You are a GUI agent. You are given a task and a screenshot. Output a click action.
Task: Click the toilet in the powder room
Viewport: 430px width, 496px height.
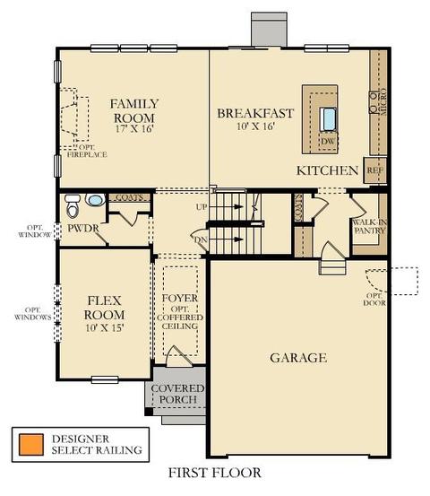click(73, 206)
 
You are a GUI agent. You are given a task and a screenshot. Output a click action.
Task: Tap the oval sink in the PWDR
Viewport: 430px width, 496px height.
click(95, 200)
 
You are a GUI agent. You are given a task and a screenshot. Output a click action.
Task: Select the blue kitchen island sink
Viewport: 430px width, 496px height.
click(328, 119)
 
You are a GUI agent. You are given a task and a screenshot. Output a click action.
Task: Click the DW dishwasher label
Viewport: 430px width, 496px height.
click(327, 141)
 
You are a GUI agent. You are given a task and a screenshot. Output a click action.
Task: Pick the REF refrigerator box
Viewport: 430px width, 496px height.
click(375, 170)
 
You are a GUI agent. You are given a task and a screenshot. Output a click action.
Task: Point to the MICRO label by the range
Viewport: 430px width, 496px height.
click(383, 102)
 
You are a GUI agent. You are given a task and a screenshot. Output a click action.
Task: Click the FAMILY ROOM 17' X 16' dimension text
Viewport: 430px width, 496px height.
click(134, 129)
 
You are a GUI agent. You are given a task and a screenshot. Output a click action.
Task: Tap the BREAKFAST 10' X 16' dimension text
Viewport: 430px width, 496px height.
click(255, 126)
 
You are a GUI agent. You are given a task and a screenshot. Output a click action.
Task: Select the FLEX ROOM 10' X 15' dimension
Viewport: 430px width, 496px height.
click(104, 327)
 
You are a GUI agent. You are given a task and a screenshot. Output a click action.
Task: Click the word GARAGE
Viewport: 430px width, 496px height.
click(298, 358)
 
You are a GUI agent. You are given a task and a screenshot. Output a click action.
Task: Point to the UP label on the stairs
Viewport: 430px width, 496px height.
click(202, 207)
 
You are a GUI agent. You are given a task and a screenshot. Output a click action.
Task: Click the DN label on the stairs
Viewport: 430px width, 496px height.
click(201, 239)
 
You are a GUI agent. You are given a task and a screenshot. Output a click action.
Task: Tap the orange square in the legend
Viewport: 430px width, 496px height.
click(31, 445)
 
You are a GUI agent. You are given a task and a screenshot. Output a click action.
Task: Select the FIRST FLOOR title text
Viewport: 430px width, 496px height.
click(214, 473)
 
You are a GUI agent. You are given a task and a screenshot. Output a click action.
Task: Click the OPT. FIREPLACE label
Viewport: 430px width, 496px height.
click(87, 151)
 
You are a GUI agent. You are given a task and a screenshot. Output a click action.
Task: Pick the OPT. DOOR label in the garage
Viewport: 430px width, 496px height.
click(374, 300)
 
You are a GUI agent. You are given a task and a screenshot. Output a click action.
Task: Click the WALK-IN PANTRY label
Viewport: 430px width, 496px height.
click(370, 227)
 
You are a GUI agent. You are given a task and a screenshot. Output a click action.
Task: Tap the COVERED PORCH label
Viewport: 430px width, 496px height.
click(178, 394)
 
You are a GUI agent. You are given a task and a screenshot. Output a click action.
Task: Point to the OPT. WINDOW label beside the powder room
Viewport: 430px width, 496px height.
click(35, 231)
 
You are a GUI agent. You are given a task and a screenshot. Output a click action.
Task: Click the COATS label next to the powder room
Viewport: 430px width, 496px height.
click(129, 197)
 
